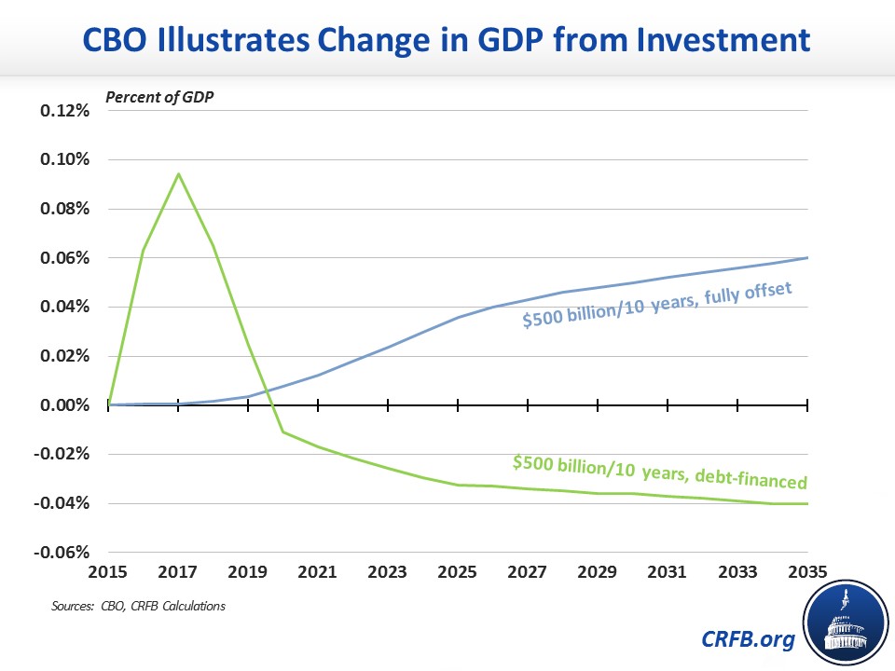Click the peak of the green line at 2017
click(178, 173)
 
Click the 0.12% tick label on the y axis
click(64, 111)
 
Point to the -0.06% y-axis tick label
click(62, 553)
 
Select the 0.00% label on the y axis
click(64, 405)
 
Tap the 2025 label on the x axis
click(458, 569)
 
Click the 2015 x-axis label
click(108, 569)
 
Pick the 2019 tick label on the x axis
click(248, 569)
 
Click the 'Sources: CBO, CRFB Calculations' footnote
click(138, 607)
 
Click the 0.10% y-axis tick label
click(64, 159)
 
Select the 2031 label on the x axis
click(668, 569)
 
